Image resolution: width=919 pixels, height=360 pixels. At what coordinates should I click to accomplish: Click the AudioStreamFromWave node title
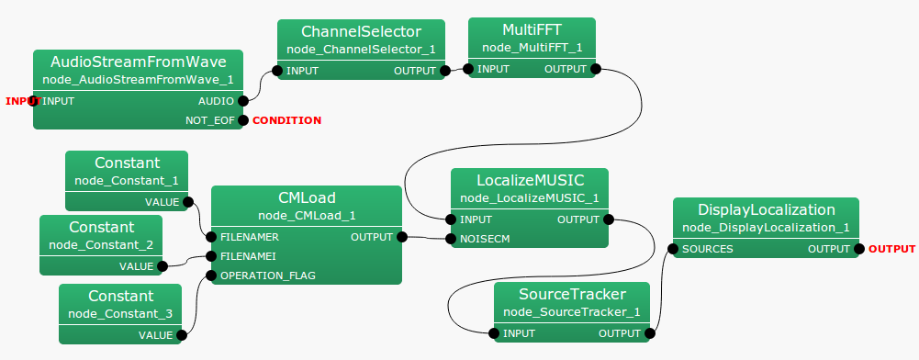pos(138,62)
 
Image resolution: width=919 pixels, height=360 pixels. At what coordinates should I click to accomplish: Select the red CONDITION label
pos(286,120)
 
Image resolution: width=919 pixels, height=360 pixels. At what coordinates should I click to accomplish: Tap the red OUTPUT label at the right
pos(891,249)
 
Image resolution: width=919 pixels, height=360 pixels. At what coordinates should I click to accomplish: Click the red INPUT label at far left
pos(23,101)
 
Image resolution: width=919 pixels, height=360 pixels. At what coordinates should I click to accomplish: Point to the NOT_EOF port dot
pos(243,120)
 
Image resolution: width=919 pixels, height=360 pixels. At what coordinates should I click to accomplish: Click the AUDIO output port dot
pos(243,101)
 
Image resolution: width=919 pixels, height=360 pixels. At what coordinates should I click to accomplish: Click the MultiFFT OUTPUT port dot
pos(596,69)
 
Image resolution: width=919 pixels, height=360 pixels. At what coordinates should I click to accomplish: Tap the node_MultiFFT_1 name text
pos(532,47)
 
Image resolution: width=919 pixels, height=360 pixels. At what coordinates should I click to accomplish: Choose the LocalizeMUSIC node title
pos(530,180)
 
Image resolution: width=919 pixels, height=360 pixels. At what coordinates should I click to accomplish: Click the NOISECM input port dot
pos(451,239)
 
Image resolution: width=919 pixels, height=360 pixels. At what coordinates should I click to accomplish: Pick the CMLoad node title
pos(307,197)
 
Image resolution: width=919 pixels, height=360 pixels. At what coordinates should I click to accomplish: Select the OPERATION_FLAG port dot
pos(211,275)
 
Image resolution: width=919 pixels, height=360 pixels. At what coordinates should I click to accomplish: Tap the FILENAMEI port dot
pos(211,256)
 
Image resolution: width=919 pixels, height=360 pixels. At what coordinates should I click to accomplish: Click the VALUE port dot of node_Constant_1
pos(188,202)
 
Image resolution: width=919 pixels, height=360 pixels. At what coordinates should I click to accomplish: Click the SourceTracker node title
pos(572,295)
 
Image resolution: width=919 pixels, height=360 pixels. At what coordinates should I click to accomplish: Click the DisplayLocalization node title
pos(766,209)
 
